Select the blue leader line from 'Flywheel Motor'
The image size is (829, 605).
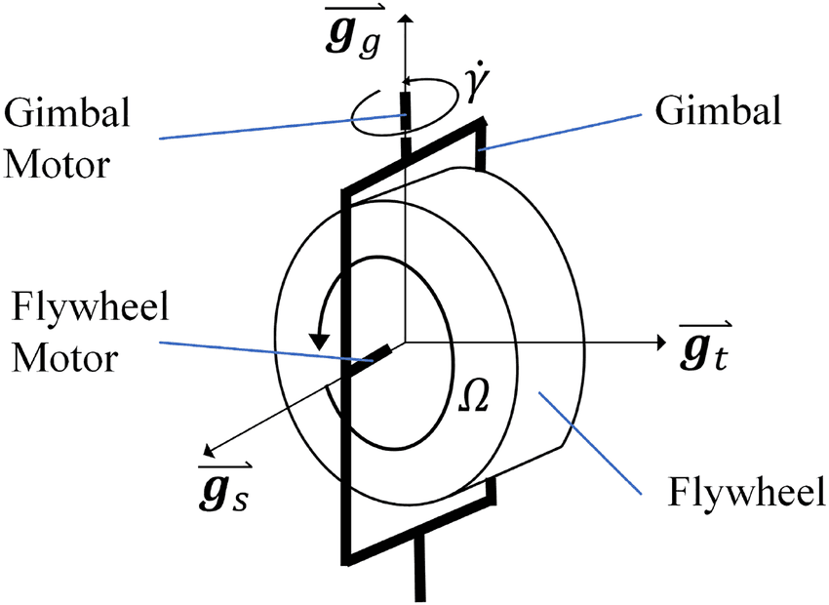click(x=254, y=351)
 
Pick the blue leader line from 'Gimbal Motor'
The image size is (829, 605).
click(x=283, y=127)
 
